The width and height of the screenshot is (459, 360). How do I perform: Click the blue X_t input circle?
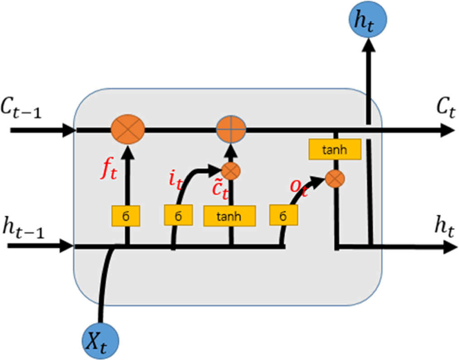100,340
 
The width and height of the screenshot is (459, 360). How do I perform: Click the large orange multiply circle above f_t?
128,129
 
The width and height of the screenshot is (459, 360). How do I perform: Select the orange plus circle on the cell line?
231,129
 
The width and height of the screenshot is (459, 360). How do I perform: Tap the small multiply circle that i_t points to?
231,171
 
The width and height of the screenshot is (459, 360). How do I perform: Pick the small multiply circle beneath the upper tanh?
336,179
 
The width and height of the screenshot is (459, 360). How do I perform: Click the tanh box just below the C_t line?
335,150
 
